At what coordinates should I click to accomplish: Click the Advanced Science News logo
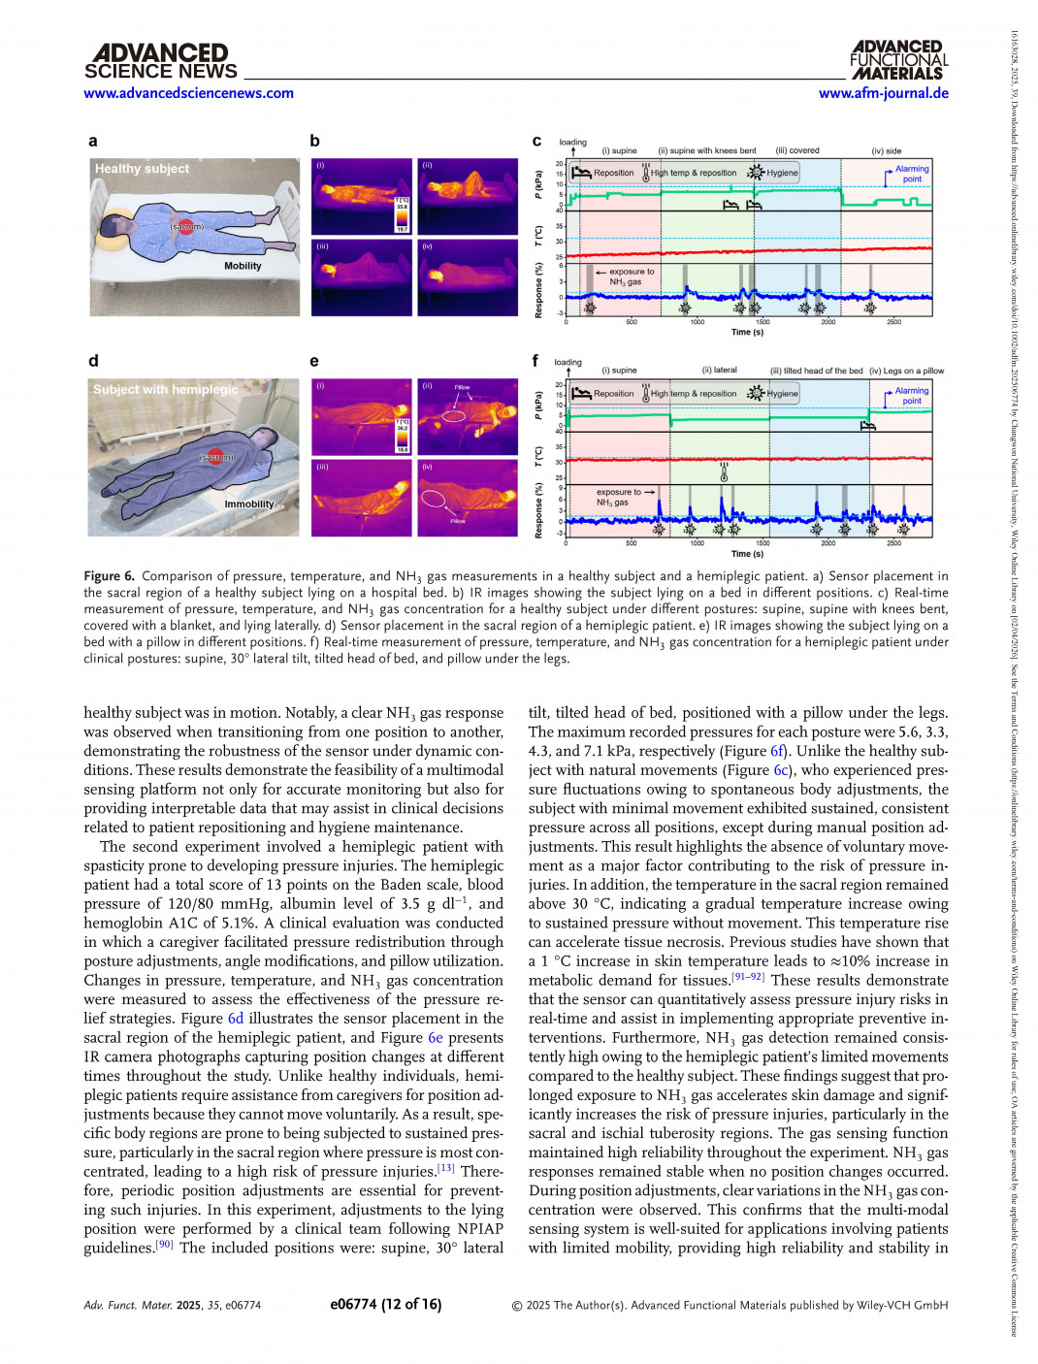[160, 61]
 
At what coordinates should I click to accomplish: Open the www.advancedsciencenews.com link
[188, 93]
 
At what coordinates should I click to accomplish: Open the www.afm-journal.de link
[883, 93]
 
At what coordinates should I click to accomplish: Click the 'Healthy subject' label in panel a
[142, 169]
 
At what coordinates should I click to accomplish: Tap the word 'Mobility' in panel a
[243, 266]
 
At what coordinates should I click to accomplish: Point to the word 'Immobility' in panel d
[249, 504]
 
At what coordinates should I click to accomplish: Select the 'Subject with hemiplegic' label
[165, 390]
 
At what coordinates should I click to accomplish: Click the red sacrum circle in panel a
[186, 227]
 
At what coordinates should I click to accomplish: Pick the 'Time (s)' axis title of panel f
[747, 554]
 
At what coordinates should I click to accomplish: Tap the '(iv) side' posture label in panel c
[886, 151]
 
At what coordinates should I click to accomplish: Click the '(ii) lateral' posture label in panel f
[719, 371]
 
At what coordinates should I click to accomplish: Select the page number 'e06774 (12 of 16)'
[385, 1305]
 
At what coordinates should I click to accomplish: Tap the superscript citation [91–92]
[747, 977]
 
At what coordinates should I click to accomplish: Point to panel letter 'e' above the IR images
[314, 362]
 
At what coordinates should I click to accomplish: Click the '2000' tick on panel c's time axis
[827, 322]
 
